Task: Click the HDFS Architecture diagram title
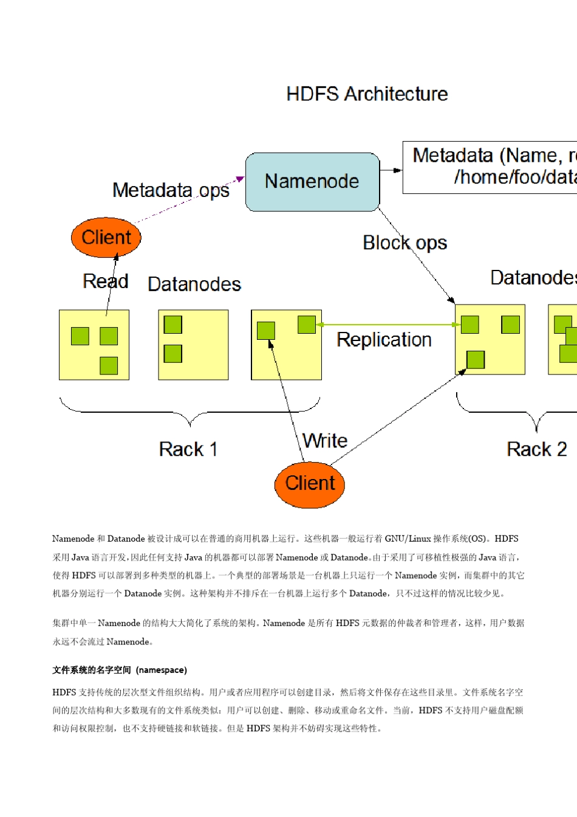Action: click(367, 94)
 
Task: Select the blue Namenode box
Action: click(312, 182)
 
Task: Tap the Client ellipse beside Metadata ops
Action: click(106, 237)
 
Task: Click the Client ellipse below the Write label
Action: click(310, 484)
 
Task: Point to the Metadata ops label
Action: click(171, 190)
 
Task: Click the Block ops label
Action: click(405, 243)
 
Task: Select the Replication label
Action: click(384, 340)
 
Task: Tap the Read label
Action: click(105, 281)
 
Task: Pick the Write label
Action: click(325, 441)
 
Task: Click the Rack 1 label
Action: click(188, 450)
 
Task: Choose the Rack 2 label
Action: click(536, 450)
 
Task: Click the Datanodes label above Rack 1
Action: click(194, 284)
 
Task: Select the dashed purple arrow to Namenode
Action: click(188, 201)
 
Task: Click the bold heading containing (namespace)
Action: click(120, 670)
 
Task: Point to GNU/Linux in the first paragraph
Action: click(408, 539)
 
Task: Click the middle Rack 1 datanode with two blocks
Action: click(193, 345)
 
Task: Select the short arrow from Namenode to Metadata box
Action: click(391, 170)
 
